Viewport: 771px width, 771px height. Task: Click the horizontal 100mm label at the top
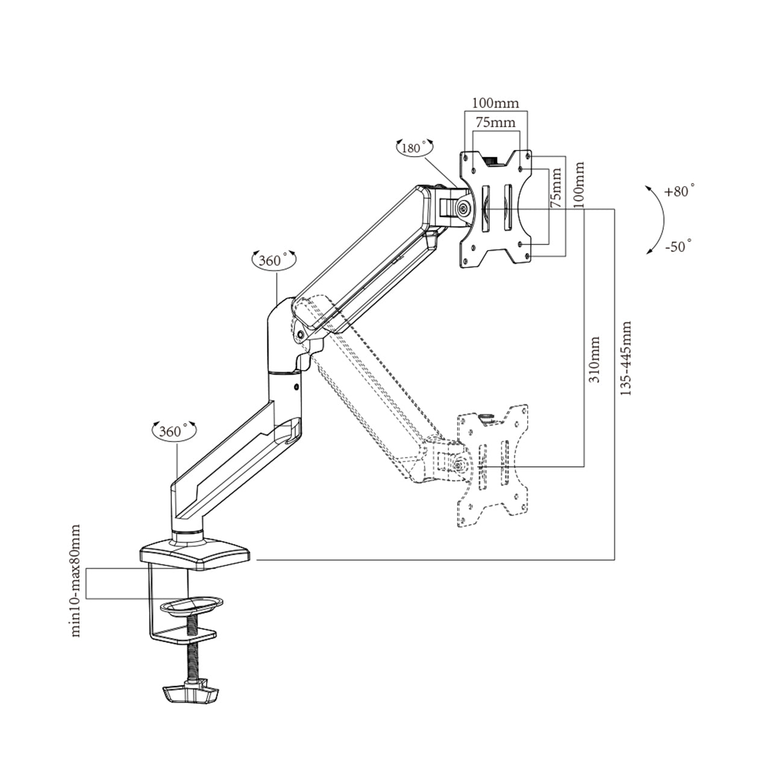click(x=495, y=103)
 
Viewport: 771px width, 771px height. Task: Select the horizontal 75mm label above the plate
click(x=495, y=122)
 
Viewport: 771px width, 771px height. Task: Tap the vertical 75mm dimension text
click(x=557, y=188)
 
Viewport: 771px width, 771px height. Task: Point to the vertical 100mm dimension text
click(x=579, y=184)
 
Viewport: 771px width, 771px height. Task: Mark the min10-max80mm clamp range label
click(x=75, y=581)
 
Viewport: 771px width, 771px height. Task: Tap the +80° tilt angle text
click(x=679, y=192)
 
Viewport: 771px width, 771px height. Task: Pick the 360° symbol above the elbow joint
click(x=273, y=260)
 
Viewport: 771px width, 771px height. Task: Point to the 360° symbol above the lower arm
click(x=173, y=431)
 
